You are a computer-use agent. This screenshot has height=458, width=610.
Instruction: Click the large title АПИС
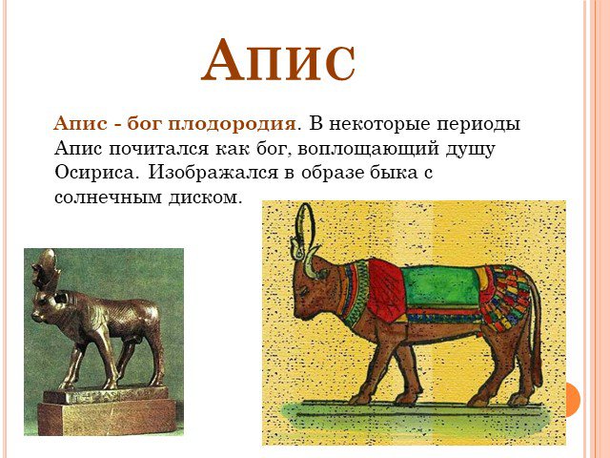pyautogui.click(x=277, y=60)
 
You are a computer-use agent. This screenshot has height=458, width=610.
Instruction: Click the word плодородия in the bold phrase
pyautogui.click(x=232, y=124)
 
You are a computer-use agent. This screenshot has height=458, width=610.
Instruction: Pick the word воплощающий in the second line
pyautogui.click(x=368, y=149)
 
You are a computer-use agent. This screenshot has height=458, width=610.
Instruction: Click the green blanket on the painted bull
pyautogui.click(x=440, y=286)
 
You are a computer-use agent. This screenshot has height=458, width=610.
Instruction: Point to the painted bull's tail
pyautogui.click(x=536, y=335)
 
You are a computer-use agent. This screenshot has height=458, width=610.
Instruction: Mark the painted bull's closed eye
pyautogui.click(x=303, y=290)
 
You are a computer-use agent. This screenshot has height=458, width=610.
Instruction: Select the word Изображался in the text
pyautogui.click(x=213, y=173)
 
